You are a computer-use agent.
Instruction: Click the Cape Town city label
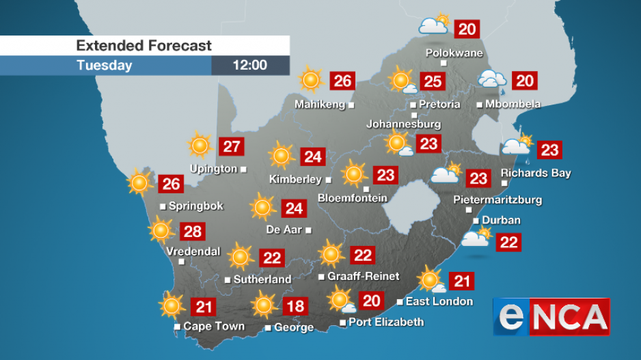click(214, 327)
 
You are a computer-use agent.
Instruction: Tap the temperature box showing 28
click(193, 232)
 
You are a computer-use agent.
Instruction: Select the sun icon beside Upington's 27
click(200, 146)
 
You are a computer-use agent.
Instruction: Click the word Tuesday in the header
click(104, 66)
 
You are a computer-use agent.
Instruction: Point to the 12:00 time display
click(250, 66)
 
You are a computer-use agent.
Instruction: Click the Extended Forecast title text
click(144, 46)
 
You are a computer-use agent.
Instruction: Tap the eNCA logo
click(551, 317)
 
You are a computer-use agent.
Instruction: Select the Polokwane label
click(454, 53)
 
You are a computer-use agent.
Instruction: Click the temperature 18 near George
click(295, 305)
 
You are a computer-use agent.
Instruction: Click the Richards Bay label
click(536, 173)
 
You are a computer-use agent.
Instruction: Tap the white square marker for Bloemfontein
click(366, 189)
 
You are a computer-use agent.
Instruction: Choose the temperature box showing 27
click(232, 146)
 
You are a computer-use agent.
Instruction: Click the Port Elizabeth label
click(386, 322)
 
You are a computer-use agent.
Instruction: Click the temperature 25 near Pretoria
click(432, 82)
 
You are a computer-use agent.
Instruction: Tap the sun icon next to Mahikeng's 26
click(310, 80)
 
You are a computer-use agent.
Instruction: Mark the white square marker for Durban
click(476, 220)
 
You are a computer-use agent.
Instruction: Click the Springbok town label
click(196, 206)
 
